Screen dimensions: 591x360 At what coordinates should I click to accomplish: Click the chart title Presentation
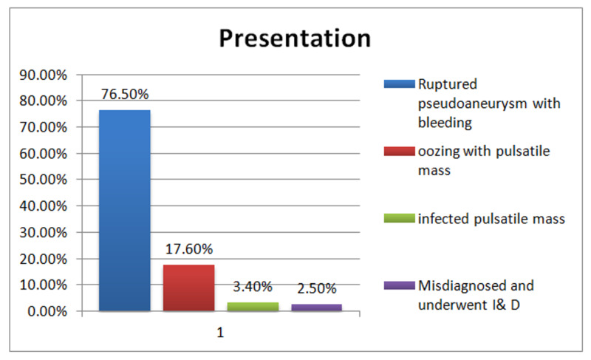[x=295, y=38]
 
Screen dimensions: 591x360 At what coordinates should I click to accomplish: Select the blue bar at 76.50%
[x=125, y=211]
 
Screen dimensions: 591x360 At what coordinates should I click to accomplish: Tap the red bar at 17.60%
[x=189, y=288]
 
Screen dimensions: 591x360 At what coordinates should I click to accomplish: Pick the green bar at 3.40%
[x=253, y=307]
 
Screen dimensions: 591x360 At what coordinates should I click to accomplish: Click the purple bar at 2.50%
[x=317, y=308]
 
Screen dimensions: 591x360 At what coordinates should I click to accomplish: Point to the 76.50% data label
[x=125, y=94]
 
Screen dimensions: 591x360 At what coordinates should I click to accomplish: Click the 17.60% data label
[x=189, y=249]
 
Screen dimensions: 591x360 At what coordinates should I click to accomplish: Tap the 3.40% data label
[x=253, y=287]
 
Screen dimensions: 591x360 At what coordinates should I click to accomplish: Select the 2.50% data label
[x=317, y=289]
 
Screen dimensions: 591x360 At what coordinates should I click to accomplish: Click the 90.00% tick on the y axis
[x=44, y=75]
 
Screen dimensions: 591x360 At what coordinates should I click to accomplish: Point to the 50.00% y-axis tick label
[x=44, y=180]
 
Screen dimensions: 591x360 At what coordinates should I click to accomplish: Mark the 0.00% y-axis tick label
[x=47, y=312]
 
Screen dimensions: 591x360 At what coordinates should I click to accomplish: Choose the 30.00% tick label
[x=44, y=233]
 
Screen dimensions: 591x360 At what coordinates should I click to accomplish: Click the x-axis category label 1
[x=220, y=333]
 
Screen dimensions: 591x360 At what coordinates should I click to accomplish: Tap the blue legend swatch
[x=400, y=84]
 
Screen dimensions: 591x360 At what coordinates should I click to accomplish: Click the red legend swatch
[x=400, y=151]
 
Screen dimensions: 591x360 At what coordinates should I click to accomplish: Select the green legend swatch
[x=400, y=218]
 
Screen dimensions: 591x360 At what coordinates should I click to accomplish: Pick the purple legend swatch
[x=400, y=285]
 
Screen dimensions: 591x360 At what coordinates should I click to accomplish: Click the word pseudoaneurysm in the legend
[x=473, y=103]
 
